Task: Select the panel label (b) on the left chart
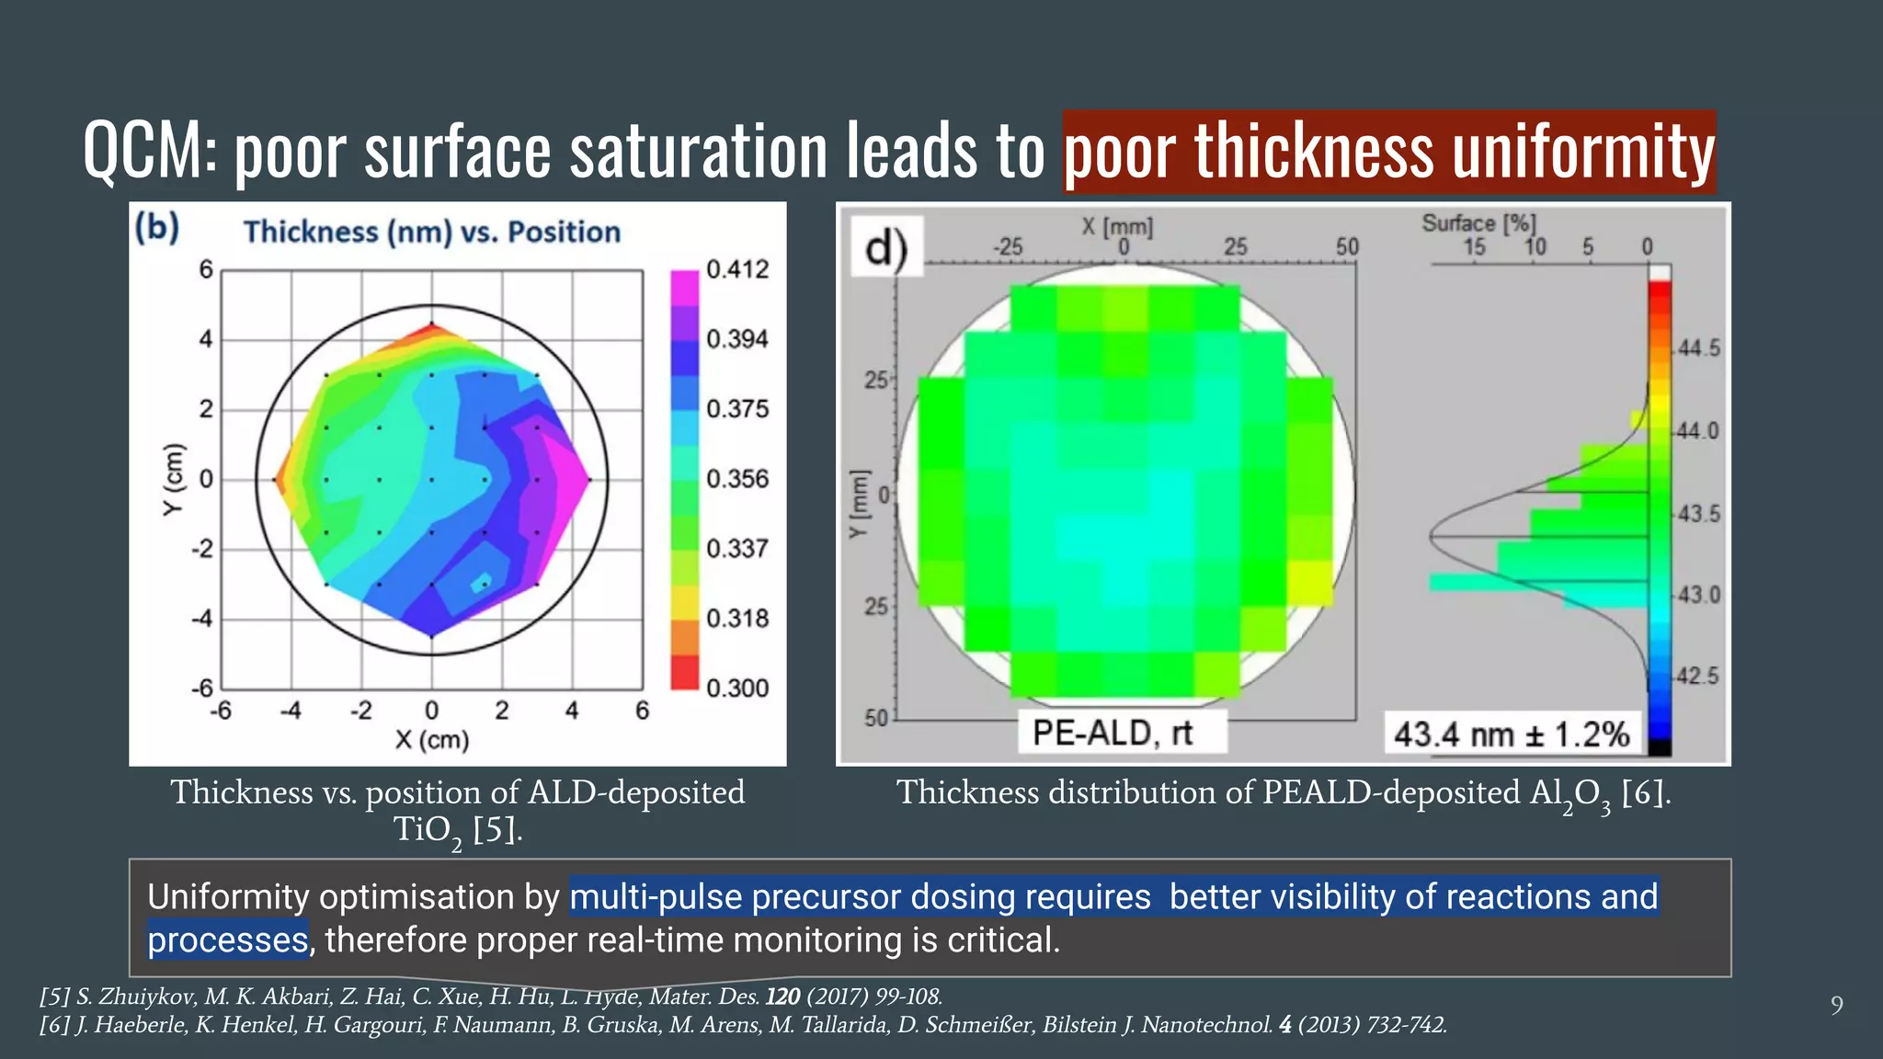pos(157,227)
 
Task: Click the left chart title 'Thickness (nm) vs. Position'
pos(431,232)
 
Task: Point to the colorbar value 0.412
pos(736,269)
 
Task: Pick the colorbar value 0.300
pos(736,688)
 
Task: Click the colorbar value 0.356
pos(736,479)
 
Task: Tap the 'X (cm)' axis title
pos(431,740)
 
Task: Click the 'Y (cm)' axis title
pos(173,479)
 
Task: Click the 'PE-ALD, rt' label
pos(1112,734)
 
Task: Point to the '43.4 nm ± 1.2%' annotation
pos(1511,734)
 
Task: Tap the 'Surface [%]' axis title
pos(1478,223)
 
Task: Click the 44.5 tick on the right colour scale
pos(1698,348)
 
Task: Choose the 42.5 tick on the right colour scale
pos(1698,676)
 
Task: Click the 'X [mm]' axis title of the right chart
pos(1116,226)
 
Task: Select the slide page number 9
pos(1836,1006)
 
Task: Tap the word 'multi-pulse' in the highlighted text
pos(656,897)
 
